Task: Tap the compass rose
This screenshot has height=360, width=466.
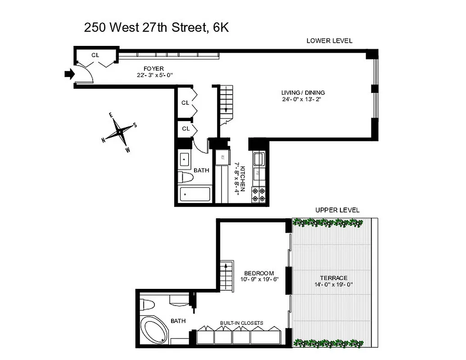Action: pos(119,132)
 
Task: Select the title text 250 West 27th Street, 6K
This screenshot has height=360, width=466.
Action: pos(157,28)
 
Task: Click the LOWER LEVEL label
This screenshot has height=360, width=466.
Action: pos(329,41)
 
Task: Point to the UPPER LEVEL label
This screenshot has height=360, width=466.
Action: pos(337,210)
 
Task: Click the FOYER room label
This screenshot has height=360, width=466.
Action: pos(154,69)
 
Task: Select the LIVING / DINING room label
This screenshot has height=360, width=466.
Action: pos(302,93)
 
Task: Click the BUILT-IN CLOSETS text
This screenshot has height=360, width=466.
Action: pos(241,323)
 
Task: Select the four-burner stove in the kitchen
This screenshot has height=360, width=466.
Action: pos(259,193)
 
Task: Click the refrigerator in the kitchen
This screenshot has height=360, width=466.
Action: pos(222,158)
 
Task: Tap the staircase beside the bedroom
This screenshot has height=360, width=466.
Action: pos(226,274)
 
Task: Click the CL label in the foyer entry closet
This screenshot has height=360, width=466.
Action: pos(95,55)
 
